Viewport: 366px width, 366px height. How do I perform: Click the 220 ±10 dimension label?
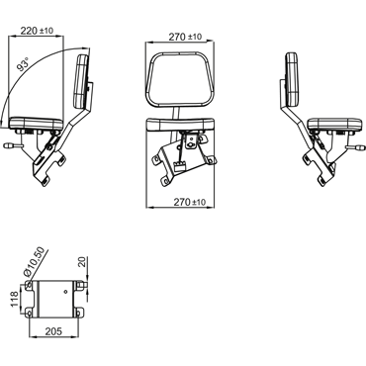click(x=37, y=31)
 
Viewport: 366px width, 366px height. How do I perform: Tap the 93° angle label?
click(x=24, y=63)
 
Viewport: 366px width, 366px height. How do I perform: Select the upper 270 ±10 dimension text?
click(x=185, y=37)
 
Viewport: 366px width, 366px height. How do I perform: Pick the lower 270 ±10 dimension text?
click(x=189, y=202)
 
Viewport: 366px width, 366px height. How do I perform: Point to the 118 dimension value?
click(x=15, y=299)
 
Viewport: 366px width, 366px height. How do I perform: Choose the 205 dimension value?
click(x=53, y=330)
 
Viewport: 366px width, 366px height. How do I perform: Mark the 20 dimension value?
click(x=83, y=262)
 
